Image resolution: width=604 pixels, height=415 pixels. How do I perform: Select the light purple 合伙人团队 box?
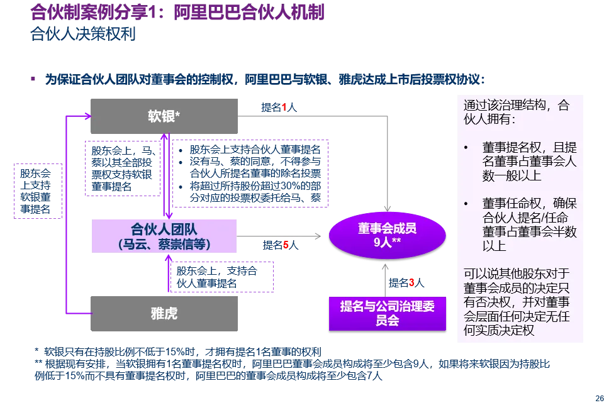pyautogui.click(x=164, y=236)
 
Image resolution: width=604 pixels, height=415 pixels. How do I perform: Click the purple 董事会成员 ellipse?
pyautogui.click(x=387, y=235)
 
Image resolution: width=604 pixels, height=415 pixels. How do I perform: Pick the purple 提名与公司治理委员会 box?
pyautogui.click(x=387, y=313)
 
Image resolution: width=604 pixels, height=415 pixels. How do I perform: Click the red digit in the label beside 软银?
pyautogui.click(x=284, y=108)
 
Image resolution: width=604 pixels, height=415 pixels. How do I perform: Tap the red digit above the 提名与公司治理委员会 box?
pyautogui.click(x=411, y=282)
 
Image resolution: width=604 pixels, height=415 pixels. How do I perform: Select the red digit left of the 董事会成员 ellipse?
pyautogui.click(x=286, y=245)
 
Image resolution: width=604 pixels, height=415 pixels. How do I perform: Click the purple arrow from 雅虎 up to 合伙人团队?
pyautogui.click(x=169, y=274)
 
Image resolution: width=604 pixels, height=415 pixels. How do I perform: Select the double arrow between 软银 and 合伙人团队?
pyautogui.click(x=165, y=173)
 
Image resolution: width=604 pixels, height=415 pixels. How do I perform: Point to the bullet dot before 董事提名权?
pyautogui.click(x=466, y=148)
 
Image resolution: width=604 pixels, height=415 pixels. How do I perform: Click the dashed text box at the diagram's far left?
pyautogui.click(x=37, y=191)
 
